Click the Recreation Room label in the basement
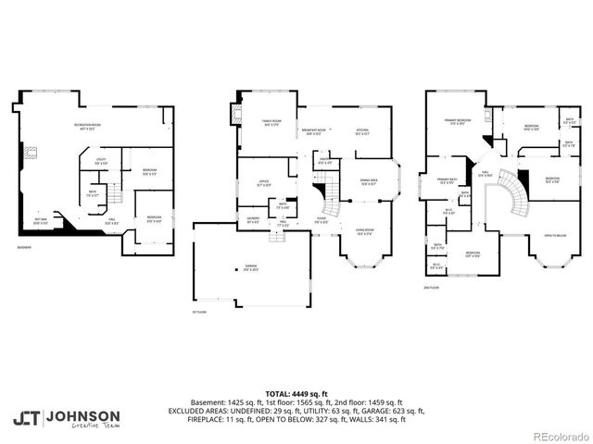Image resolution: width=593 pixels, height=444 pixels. pyautogui.click(x=88, y=127)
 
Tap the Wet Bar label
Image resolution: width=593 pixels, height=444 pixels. pyautogui.click(x=41, y=222)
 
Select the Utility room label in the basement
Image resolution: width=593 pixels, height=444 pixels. pyautogui.click(x=101, y=161)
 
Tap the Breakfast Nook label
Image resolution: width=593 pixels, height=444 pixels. pyautogui.click(x=314, y=131)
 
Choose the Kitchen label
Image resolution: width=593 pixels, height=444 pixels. pyautogui.click(x=362, y=131)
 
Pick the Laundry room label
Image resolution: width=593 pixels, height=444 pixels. pyautogui.click(x=253, y=220)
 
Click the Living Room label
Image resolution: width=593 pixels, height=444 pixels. pyautogui.click(x=364, y=231)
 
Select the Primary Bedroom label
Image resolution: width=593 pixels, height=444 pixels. pyautogui.click(x=455, y=121)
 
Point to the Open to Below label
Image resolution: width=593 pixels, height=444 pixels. pyautogui.click(x=555, y=235)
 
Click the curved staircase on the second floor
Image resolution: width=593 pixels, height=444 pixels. pyautogui.click(x=510, y=194)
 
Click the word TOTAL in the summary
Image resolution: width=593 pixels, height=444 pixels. pyautogui.click(x=277, y=392)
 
